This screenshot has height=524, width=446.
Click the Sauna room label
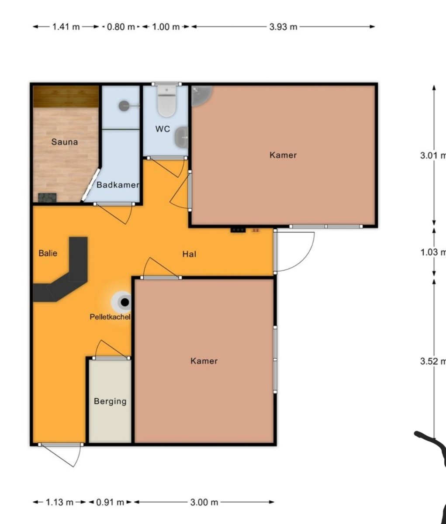pyautogui.click(x=64, y=142)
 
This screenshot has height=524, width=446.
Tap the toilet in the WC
pyautogui.click(x=166, y=101)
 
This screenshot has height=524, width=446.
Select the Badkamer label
pyautogui.click(x=118, y=185)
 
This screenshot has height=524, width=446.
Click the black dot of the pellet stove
pyautogui.click(x=125, y=302)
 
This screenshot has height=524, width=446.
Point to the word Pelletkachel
pyautogui.click(x=110, y=317)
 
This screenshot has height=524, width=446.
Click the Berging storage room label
pyautogui.click(x=110, y=401)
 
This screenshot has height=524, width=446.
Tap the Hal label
pyautogui.click(x=189, y=254)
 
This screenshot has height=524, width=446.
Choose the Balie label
pyautogui.click(x=48, y=253)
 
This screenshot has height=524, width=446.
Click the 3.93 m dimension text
pyautogui.click(x=283, y=27)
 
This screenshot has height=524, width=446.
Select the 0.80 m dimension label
pyautogui.click(x=121, y=27)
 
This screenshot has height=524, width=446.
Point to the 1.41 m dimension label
pyautogui.click(x=66, y=27)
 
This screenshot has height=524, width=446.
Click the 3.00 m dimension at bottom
pyautogui.click(x=204, y=502)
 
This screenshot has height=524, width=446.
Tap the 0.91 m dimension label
pyautogui.click(x=110, y=502)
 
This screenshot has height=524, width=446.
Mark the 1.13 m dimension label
pyautogui.click(x=59, y=502)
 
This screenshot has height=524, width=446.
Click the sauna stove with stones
pyautogui.click(x=48, y=198)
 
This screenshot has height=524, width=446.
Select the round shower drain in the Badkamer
pyautogui.click(x=124, y=106)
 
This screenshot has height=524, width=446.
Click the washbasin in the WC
pyautogui.click(x=182, y=137)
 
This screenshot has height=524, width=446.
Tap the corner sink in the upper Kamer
pyautogui.click(x=201, y=95)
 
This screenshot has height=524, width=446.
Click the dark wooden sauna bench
pyautogui.click(x=66, y=97)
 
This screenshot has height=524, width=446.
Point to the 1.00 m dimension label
pyautogui.click(x=166, y=27)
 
